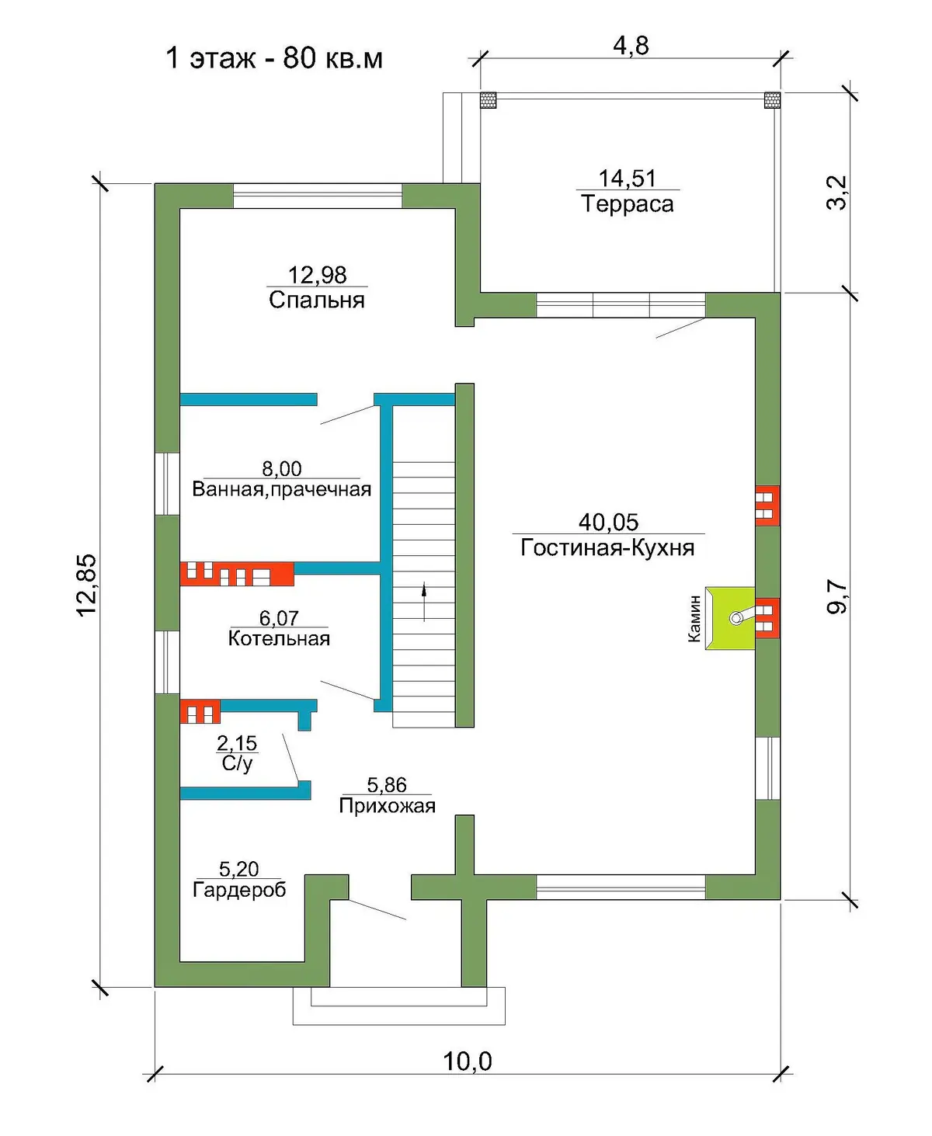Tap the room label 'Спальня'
point(317,300)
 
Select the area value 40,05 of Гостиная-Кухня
point(608,521)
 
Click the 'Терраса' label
point(628,203)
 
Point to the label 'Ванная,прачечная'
point(282,489)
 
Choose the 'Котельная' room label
point(279,638)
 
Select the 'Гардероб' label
point(239,890)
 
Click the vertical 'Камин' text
point(694,618)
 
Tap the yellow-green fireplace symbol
point(730,618)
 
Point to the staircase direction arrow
point(424,602)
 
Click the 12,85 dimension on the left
point(87,585)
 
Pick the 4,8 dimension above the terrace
point(631,46)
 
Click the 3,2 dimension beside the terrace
point(836,193)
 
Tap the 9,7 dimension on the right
point(836,596)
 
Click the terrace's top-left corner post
point(488,100)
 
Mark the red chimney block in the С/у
point(200,711)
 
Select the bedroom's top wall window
point(318,196)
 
